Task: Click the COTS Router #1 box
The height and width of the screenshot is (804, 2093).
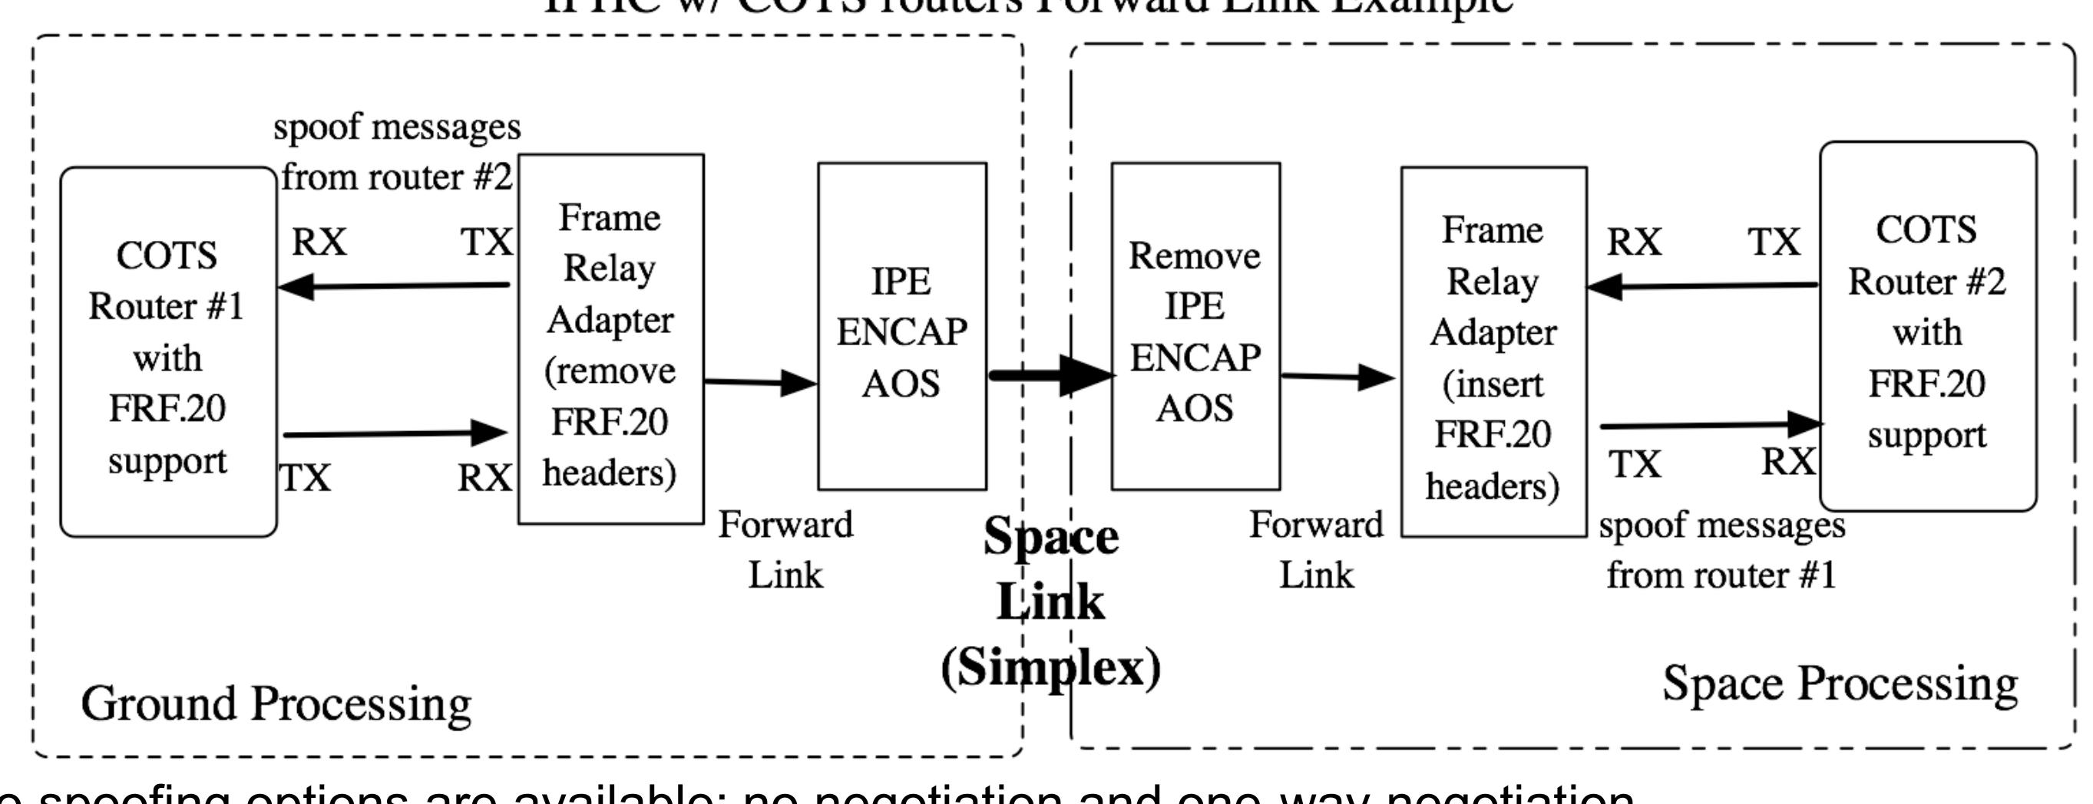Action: [x=168, y=351]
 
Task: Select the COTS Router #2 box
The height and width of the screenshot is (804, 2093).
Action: [x=1927, y=327]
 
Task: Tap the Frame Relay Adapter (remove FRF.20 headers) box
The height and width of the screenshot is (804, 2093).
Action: [x=611, y=339]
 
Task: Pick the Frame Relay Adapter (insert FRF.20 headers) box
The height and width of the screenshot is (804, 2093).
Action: [x=1493, y=351]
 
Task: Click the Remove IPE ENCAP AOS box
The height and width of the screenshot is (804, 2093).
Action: [x=1195, y=327]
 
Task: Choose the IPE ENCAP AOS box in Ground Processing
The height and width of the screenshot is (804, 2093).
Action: [x=902, y=327]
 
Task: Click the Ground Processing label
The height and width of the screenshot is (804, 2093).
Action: [x=276, y=703]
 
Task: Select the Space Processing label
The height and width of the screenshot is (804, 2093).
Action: [x=1840, y=684]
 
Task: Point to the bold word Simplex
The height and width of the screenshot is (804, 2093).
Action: [x=1050, y=667]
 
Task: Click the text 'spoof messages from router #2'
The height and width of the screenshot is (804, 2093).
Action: [x=396, y=152]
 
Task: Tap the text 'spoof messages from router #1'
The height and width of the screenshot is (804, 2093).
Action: [x=1721, y=551]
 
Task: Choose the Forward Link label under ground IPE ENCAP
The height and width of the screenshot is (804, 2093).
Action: [x=785, y=550]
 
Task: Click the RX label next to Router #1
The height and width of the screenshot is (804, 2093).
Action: [x=319, y=242]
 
